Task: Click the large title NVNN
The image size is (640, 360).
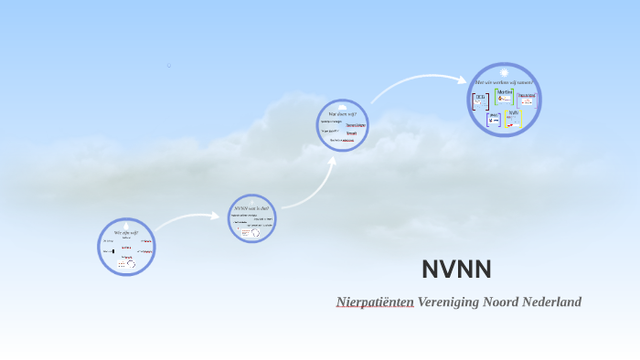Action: [x=456, y=270]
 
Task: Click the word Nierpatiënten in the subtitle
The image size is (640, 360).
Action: [x=375, y=302]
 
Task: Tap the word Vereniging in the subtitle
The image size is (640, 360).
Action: [x=449, y=302]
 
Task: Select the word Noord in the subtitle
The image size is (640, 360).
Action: [x=507, y=302]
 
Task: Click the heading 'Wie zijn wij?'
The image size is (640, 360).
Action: [x=126, y=233]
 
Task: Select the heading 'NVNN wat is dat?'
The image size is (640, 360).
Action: [x=251, y=208]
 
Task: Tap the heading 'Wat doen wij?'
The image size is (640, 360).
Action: [x=342, y=114]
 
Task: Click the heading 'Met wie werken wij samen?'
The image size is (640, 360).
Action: [x=504, y=83]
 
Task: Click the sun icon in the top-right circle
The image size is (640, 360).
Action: [x=504, y=72]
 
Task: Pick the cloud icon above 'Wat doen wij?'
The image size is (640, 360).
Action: [x=342, y=105]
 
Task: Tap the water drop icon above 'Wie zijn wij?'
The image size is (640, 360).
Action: [x=126, y=225]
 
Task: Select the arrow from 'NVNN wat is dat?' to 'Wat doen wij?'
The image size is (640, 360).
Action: [x=311, y=183]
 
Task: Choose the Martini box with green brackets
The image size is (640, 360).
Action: [x=504, y=96]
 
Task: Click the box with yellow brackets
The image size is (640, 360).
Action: [x=514, y=118]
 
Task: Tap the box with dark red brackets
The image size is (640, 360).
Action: [x=480, y=101]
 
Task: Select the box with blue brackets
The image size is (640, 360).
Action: [x=494, y=119]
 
